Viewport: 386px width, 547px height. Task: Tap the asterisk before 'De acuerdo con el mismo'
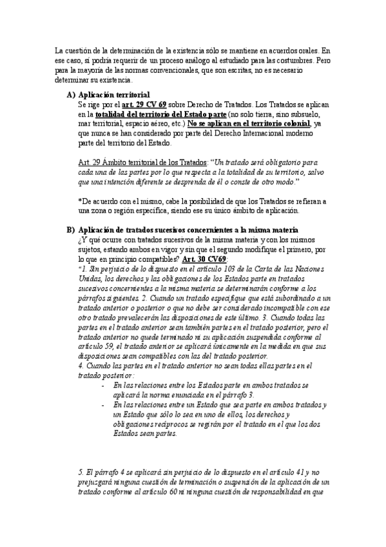click(x=79, y=201)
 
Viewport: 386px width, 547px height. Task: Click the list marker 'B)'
click(x=72, y=230)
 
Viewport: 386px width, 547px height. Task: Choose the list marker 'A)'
click(x=72, y=94)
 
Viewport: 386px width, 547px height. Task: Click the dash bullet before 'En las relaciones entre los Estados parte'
click(x=104, y=385)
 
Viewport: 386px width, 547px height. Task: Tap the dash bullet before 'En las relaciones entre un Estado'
click(x=104, y=404)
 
